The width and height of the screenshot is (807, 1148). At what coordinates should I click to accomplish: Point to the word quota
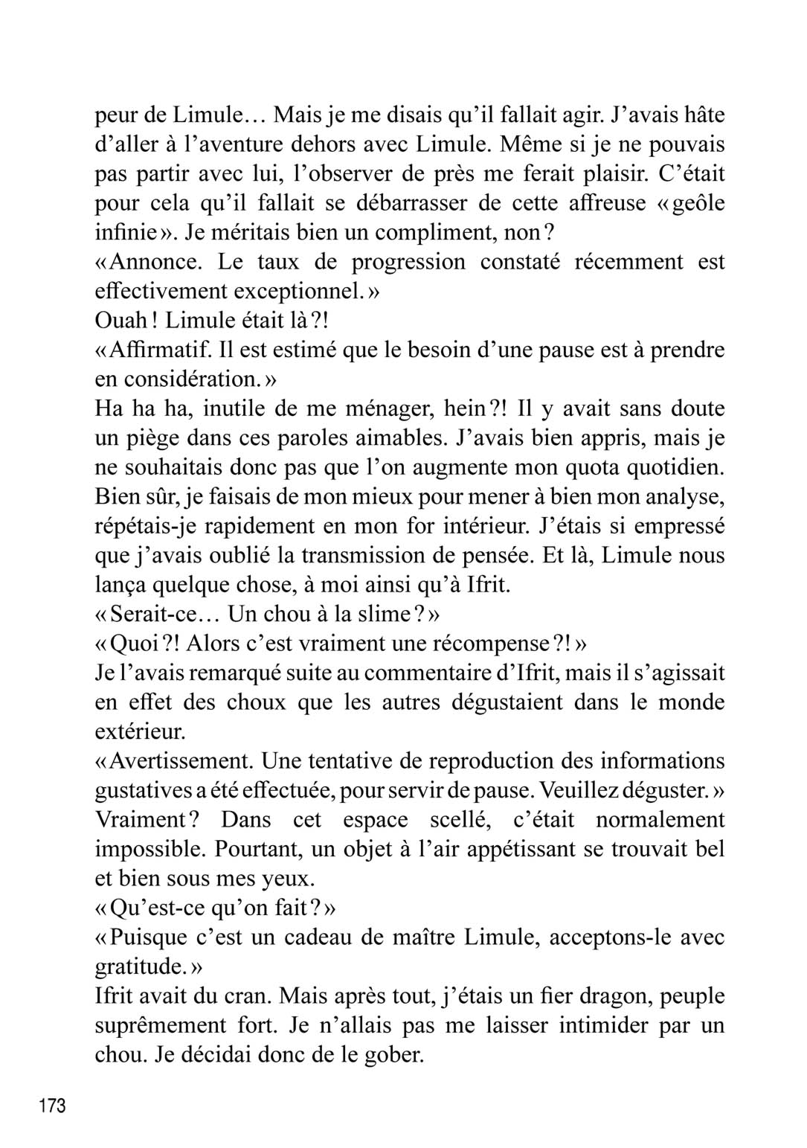pyautogui.click(x=581, y=467)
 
